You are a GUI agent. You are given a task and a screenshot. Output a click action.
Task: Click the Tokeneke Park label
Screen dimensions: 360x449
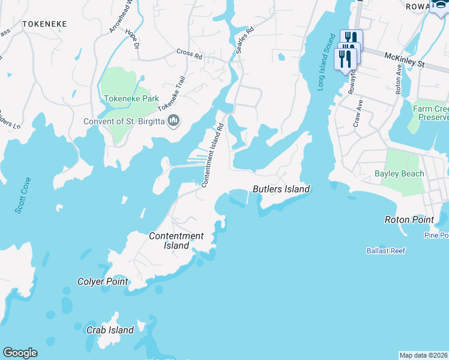coord(124,98)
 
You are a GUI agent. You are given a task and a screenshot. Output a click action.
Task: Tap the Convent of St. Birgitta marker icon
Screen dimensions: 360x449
coord(174,121)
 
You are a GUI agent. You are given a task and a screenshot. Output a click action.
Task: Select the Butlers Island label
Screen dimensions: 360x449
coord(281,190)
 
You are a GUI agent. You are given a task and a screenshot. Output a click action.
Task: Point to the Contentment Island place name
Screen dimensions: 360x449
coord(176,241)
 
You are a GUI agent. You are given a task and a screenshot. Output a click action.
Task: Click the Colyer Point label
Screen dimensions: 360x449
coord(103,281)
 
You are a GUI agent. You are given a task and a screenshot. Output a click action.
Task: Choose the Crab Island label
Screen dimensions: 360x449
coord(110,330)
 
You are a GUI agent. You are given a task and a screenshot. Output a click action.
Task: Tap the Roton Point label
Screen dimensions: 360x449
coord(409,220)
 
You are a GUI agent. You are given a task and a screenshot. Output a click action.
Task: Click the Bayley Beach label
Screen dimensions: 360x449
coord(399,174)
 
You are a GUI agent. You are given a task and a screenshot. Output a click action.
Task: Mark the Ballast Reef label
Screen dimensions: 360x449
coord(385,251)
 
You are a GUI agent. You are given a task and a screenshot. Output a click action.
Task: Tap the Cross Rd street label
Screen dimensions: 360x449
coord(189,53)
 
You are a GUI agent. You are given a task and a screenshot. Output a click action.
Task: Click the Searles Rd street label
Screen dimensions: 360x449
coord(245,40)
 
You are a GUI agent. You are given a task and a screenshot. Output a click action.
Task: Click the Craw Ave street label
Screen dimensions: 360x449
coord(358,113)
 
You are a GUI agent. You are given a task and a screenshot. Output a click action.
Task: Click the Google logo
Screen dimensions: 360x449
coord(20,353)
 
